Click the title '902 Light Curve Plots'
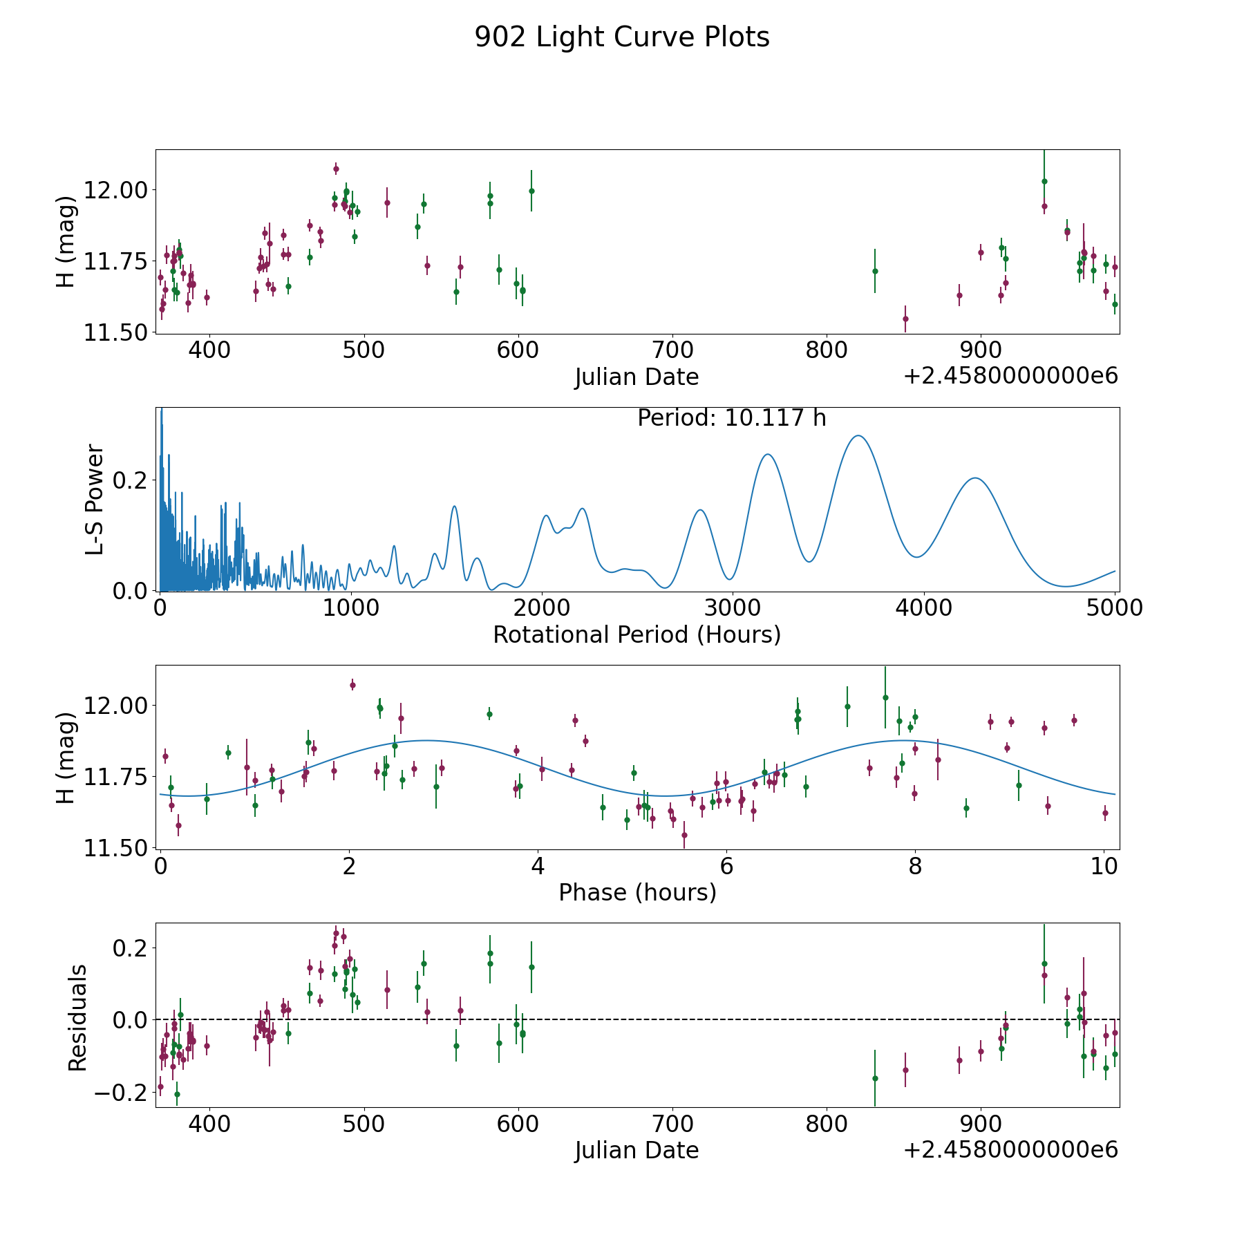(x=622, y=37)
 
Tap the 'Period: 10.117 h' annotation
(x=731, y=418)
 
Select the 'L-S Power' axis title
(x=95, y=500)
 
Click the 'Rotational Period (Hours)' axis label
(x=637, y=634)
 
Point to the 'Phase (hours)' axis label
(x=637, y=892)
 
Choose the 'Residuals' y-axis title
(x=77, y=1017)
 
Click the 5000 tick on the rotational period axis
(x=1115, y=608)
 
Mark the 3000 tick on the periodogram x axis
(x=733, y=608)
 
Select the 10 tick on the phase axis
(x=1104, y=866)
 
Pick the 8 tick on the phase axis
(x=915, y=866)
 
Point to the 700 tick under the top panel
(x=672, y=350)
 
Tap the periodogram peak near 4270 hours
(x=974, y=478)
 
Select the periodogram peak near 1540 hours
(x=454, y=507)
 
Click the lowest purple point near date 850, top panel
(x=905, y=319)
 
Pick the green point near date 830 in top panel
(x=875, y=271)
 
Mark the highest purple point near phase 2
(x=352, y=685)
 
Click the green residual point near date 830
(x=875, y=1078)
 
